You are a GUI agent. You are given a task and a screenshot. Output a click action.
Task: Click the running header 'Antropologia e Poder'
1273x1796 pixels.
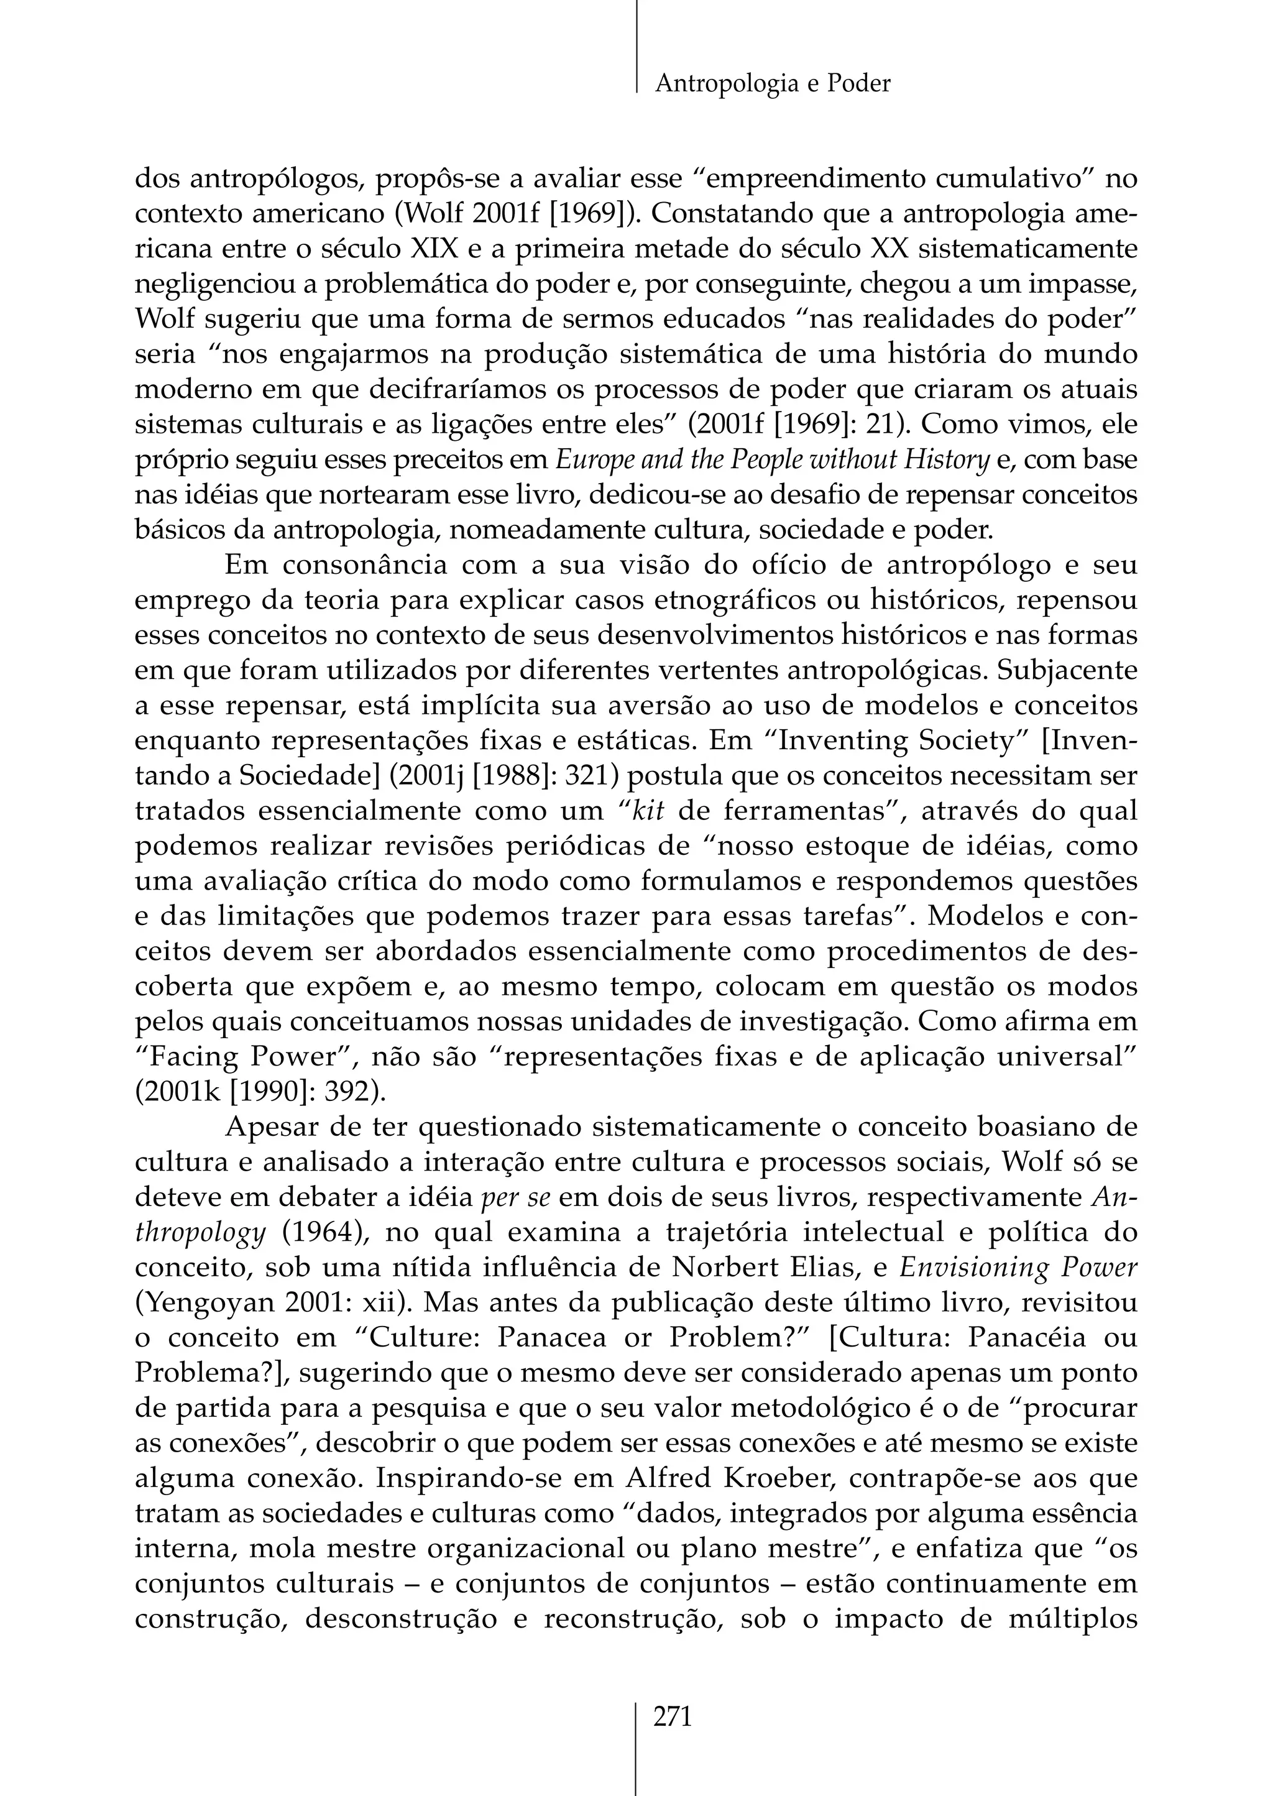click(x=772, y=83)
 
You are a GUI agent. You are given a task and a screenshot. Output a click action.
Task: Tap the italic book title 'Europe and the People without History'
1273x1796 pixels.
click(x=772, y=460)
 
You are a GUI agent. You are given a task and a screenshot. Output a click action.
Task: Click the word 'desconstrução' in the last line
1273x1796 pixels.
click(x=400, y=1619)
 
